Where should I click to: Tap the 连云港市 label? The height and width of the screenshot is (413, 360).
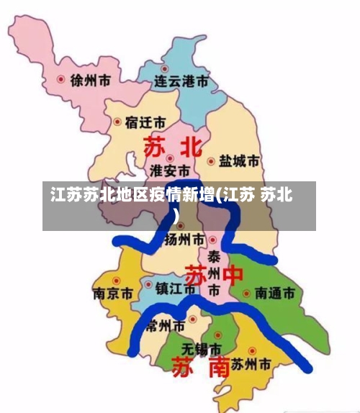(184, 82)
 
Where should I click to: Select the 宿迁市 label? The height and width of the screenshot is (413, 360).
(145, 122)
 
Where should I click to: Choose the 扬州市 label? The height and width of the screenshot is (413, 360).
(186, 239)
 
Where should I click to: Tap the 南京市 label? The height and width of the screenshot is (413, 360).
(113, 294)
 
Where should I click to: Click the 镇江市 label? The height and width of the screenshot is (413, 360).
(176, 289)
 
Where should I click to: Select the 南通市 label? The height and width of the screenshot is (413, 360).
(274, 294)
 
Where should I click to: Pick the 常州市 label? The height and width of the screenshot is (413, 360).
(166, 325)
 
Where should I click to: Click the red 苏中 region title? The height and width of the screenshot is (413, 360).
(214, 276)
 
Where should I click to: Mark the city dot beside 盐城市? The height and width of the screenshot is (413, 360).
(211, 162)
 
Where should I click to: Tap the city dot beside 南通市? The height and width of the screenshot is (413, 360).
(246, 294)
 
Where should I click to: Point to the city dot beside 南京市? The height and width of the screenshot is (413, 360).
(116, 279)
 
